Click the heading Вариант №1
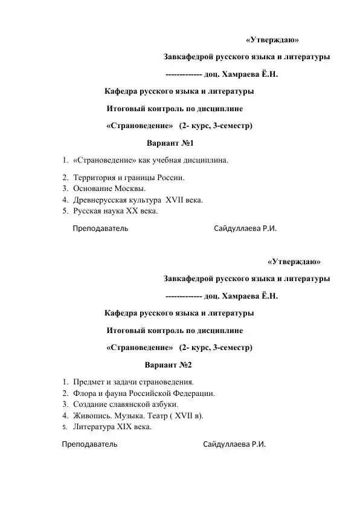tap(170, 144)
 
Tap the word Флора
tap(84, 394)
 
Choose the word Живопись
tap(92, 416)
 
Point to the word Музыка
tap(129, 416)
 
